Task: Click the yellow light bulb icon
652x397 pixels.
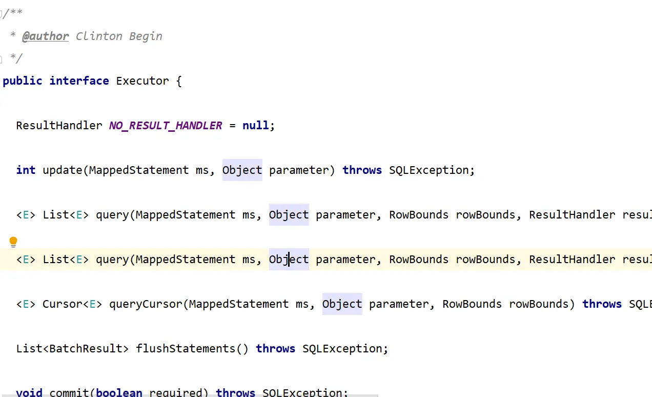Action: click(x=13, y=242)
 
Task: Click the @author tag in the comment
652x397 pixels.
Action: click(x=45, y=36)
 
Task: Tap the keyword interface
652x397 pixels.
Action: click(x=79, y=81)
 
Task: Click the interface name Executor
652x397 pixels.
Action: click(x=142, y=81)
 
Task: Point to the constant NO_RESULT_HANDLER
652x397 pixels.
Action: click(x=166, y=126)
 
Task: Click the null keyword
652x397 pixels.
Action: click(x=256, y=126)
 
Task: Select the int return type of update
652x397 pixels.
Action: click(x=26, y=170)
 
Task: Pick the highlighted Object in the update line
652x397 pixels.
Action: click(x=242, y=170)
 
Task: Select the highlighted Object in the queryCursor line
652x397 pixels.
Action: click(x=342, y=304)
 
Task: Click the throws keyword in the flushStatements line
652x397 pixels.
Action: click(x=275, y=349)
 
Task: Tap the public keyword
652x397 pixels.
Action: click(x=23, y=81)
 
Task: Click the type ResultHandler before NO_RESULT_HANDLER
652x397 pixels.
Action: click(x=59, y=126)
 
